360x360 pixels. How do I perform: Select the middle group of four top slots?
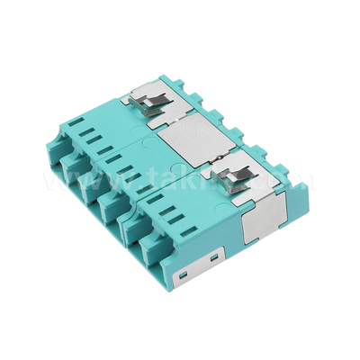click(122, 163)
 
